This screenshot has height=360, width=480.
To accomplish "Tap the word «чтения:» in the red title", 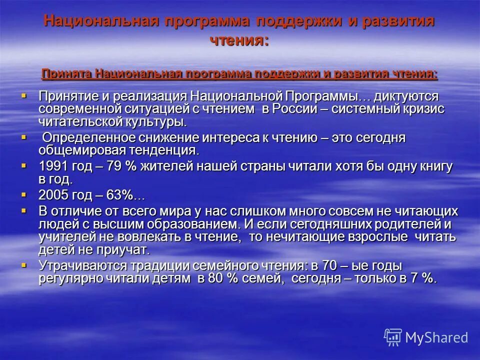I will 239,40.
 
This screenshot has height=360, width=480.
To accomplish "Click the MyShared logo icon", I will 392,337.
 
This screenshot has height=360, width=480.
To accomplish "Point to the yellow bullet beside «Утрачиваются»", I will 24,263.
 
